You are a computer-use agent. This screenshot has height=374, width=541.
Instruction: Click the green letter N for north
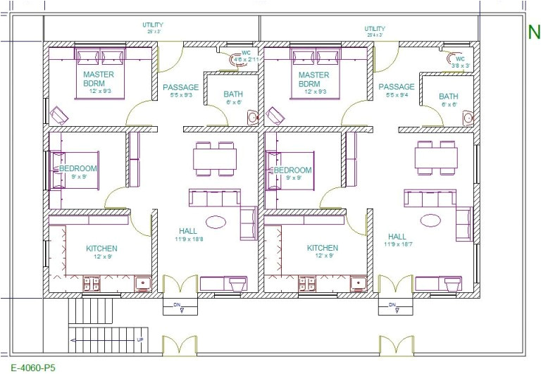click(534, 32)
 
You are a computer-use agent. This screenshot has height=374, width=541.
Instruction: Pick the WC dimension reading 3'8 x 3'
click(461, 65)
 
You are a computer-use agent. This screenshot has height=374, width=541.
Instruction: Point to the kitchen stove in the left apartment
click(92, 283)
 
